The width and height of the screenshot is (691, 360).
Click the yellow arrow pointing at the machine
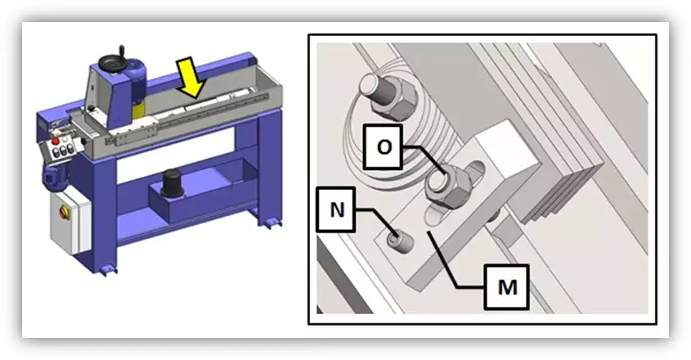coord(191,79)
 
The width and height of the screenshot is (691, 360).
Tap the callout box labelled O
coord(383,147)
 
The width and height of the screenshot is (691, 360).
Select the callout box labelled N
coord(336,209)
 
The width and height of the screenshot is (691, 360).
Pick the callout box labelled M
coord(507,287)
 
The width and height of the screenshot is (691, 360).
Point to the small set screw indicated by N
coord(399,241)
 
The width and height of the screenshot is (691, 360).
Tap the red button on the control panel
coord(56,142)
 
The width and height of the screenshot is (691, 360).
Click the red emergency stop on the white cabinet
coord(63,212)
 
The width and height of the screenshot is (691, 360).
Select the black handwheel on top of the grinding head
coord(113,64)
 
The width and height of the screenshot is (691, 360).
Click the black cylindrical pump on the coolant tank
coord(171,183)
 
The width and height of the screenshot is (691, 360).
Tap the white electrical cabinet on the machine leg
coord(70,223)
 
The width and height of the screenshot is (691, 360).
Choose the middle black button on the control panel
coord(64,151)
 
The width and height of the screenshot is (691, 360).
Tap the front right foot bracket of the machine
coord(270,221)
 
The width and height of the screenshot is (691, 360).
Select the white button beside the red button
coord(65,139)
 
